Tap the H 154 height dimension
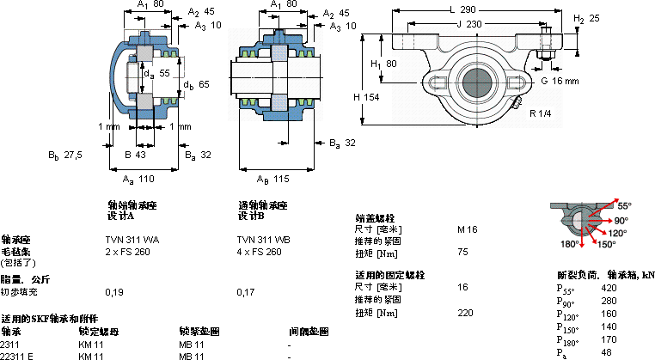coord(367,97)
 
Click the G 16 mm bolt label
coord(560,80)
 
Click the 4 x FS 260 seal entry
coord(259,252)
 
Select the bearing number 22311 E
coord(17,355)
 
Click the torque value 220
coord(465,313)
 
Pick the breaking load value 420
coord(609,288)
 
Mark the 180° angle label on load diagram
coord(568,244)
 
